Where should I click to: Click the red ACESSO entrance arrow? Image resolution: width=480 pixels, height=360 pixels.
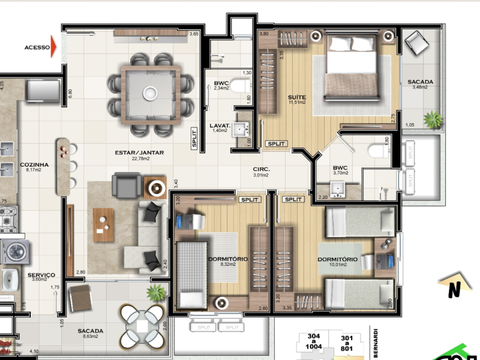pyautogui.click(x=55, y=47)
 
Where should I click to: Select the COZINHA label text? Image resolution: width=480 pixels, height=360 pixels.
pyautogui.click(x=34, y=164)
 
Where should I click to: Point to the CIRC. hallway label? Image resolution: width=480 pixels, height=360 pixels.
pyautogui.click(x=261, y=169)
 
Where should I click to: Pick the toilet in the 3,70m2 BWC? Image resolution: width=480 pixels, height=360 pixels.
pyautogui.click(x=377, y=150)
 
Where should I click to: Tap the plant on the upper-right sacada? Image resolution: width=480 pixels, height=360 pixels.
pyautogui.click(x=432, y=119)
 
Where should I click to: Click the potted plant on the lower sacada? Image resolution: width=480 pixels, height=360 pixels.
pyautogui.click(x=156, y=292)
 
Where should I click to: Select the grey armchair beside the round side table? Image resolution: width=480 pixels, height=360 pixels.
pyautogui.click(x=128, y=186)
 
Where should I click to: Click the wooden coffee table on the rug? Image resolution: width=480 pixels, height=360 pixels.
pyautogui.click(x=103, y=224)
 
